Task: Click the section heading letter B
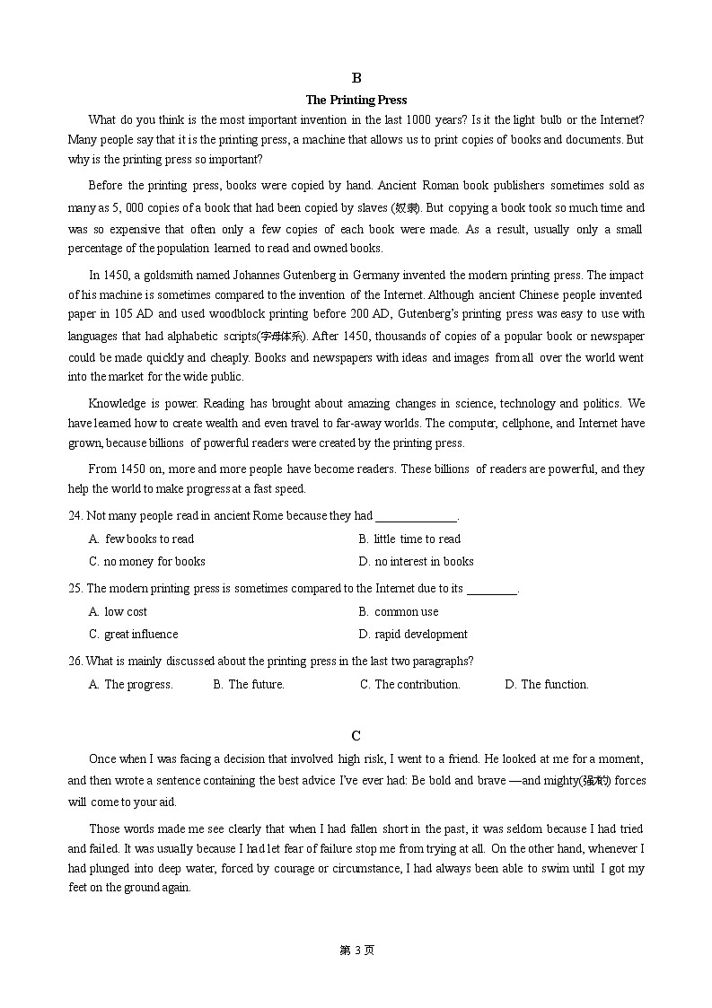point(356,78)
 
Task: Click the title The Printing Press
point(356,100)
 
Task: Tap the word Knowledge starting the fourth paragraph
point(118,404)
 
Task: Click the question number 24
point(75,516)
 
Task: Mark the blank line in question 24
point(416,518)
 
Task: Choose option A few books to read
point(142,539)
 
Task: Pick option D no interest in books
point(416,562)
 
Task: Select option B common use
point(399,612)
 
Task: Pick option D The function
point(546,685)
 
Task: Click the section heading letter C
point(356,736)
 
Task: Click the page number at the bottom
point(356,951)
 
